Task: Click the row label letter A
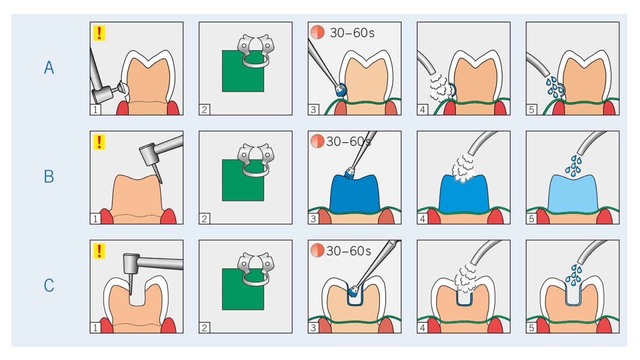[x=49, y=68]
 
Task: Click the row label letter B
[x=49, y=176]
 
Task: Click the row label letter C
[x=49, y=285]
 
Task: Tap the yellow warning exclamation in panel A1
[x=99, y=33]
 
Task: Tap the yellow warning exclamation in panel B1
[x=99, y=142]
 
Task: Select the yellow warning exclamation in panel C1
[x=99, y=251]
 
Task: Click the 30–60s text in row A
[x=352, y=33]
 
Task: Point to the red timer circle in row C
[x=317, y=250]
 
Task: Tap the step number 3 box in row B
[x=313, y=218]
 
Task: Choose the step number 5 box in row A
[x=531, y=109]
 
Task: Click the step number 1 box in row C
[x=95, y=327]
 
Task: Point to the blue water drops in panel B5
[x=573, y=166]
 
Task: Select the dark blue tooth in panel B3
[x=354, y=194]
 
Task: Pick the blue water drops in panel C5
[x=573, y=275]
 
